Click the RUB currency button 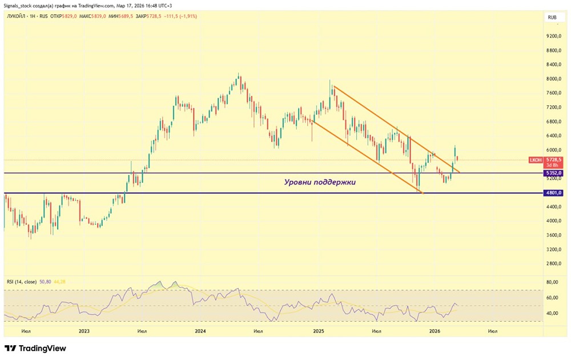(552, 18)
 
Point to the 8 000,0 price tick (554, 79)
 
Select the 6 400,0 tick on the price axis (554, 136)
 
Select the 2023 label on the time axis (84, 331)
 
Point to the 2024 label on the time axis (200, 331)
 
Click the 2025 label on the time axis (318, 331)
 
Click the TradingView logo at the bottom (35, 349)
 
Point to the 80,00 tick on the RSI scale (552, 282)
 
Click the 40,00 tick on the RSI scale (552, 314)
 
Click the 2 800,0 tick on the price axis (554, 264)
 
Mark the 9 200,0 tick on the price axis (554, 36)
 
